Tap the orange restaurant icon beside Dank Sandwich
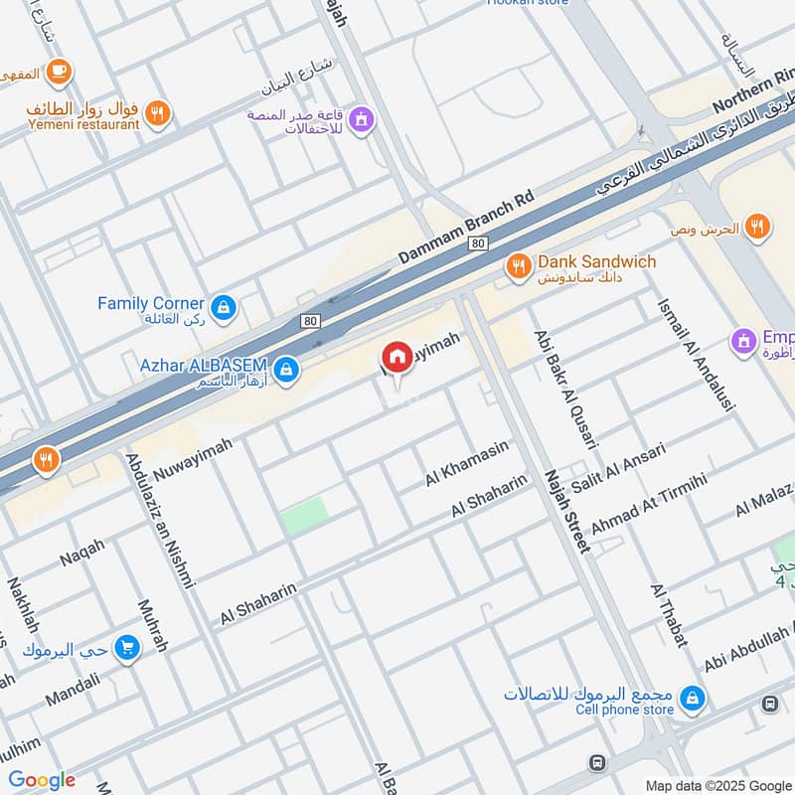518,265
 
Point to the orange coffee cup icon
59,71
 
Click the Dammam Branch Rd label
466,228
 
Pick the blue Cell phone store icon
694,700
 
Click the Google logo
42,780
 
